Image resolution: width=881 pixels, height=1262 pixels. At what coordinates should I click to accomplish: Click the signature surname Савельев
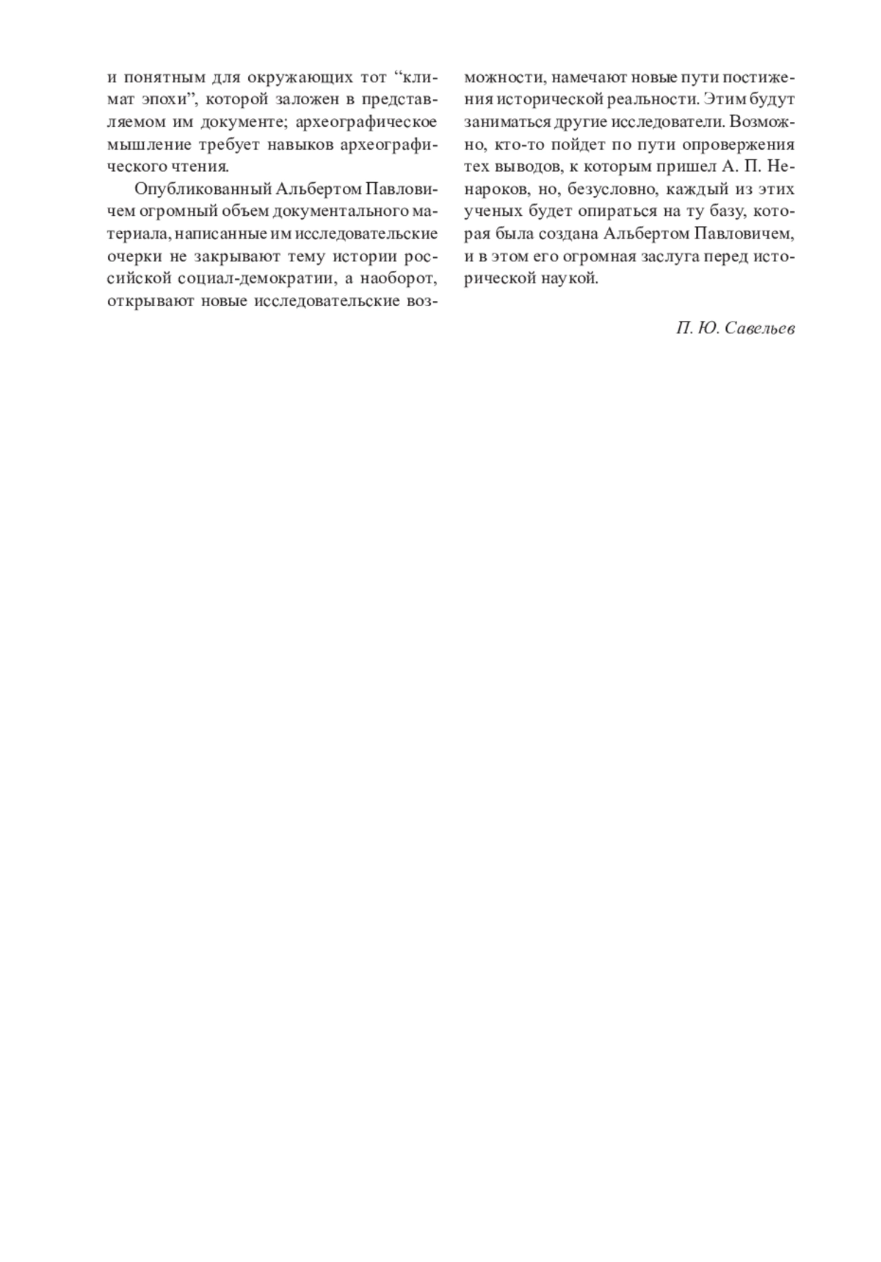[759, 328]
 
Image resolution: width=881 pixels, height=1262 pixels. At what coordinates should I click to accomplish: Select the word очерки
[132, 257]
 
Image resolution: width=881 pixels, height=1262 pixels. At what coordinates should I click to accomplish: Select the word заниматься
[500, 122]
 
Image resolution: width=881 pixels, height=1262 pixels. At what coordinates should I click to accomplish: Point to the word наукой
[573, 280]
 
